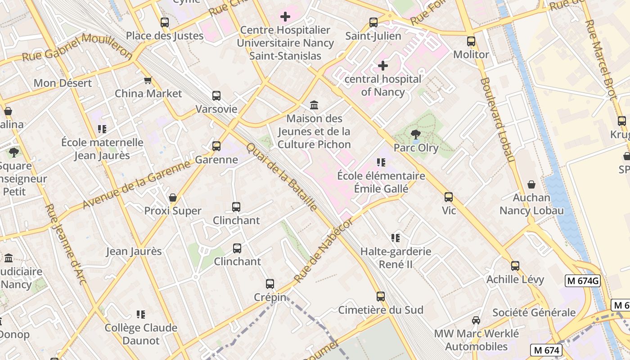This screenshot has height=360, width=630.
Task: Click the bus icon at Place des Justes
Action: (165, 22)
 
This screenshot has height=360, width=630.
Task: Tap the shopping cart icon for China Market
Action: (148, 81)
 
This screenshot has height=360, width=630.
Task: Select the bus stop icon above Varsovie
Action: (216, 96)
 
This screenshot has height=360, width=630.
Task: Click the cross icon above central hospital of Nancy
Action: (383, 66)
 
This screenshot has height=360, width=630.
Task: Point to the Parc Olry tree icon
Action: (416, 134)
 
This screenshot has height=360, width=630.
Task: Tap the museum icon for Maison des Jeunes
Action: (314, 105)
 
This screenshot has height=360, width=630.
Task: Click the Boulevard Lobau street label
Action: (497, 120)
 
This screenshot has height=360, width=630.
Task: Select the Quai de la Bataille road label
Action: (282, 176)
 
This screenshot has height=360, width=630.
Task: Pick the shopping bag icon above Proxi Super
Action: (173, 198)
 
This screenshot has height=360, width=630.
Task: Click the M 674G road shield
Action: (583, 281)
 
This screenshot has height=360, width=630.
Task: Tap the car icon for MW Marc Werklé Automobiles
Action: (476, 320)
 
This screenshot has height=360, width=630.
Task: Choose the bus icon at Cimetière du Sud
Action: (381, 297)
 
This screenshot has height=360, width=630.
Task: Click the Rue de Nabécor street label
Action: (324, 251)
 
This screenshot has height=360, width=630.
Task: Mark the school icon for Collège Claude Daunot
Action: (141, 315)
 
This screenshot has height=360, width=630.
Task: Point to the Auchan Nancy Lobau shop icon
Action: (531, 184)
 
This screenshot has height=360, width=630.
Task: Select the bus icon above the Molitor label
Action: (471, 41)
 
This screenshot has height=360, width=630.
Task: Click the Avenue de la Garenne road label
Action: (137, 185)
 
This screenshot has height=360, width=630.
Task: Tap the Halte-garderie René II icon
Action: (396, 238)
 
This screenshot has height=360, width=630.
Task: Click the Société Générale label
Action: (534, 312)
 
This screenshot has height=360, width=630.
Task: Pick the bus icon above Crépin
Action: (270, 284)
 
